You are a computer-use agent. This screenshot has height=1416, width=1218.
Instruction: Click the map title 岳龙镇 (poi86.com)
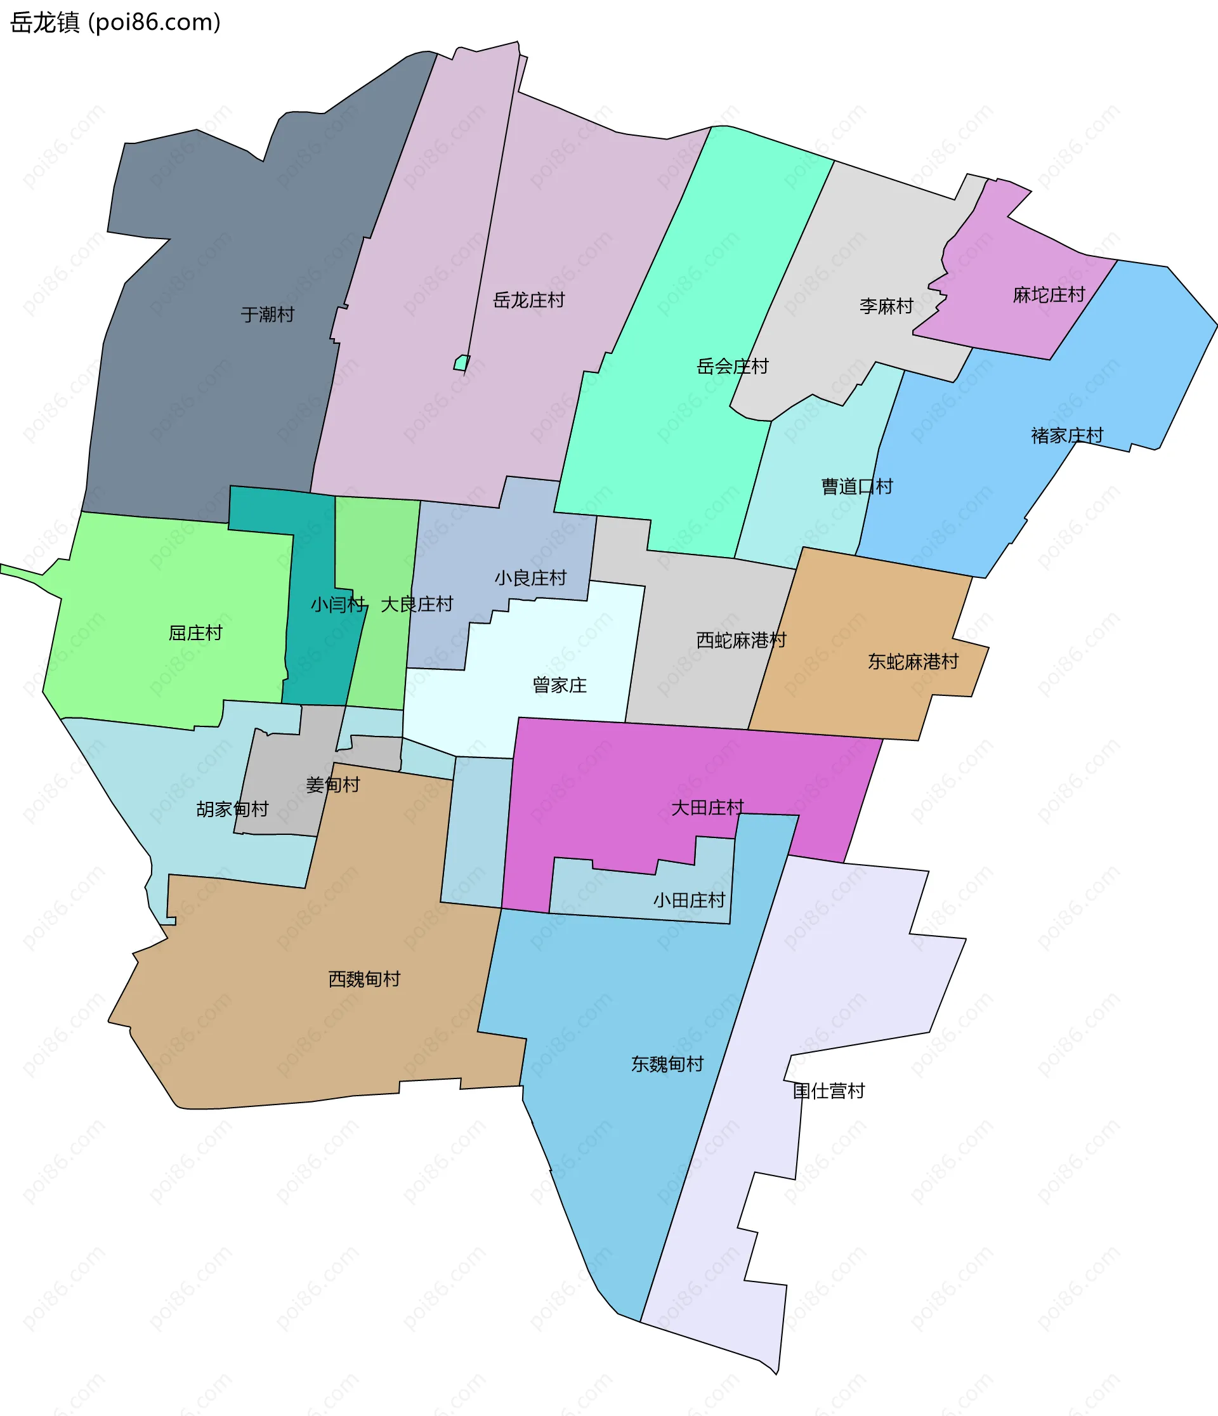pyautogui.click(x=115, y=23)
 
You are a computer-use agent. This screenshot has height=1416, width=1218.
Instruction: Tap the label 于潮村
pyautogui.click(x=267, y=315)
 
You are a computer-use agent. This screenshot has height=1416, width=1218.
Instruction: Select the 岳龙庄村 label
pyautogui.click(x=528, y=300)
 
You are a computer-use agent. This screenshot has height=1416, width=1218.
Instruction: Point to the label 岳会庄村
pyautogui.click(x=732, y=366)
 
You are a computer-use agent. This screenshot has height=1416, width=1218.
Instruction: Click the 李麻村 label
pyautogui.click(x=886, y=306)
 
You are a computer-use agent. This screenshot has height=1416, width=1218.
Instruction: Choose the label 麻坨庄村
pyautogui.click(x=1049, y=294)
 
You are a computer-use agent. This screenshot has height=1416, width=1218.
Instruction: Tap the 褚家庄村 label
pyautogui.click(x=1066, y=435)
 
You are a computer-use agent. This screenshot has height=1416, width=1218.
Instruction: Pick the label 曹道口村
pyautogui.click(x=856, y=487)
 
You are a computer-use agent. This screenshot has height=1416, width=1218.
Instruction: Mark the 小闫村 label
pyautogui.click(x=337, y=604)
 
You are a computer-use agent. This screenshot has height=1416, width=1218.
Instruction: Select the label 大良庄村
pyautogui.click(x=416, y=604)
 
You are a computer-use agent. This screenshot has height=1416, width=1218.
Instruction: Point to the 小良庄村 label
pyautogui.click(x=530, y=578)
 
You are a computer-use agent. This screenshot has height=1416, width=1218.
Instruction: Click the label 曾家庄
pyautogui.click(x=559, y=685)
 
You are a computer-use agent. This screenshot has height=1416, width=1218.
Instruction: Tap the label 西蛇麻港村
pyautogui.click(x=741, y=639)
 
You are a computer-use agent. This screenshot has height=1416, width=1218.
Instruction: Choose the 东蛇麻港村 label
pyautogui.click(x=912, y=662)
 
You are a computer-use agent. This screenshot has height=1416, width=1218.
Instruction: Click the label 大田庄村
pyautogui.click(x=707, y=808)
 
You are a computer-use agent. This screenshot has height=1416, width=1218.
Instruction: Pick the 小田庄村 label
pyautogui.click(x=688, y=900)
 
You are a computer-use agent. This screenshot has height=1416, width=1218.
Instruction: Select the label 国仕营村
pyautogui.click(x=828, y=1091)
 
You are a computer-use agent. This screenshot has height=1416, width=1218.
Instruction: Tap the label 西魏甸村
pyautogui.click(x=364, y=980)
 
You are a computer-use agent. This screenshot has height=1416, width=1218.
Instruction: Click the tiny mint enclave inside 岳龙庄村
pyautogui.click(x=461, y=363)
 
